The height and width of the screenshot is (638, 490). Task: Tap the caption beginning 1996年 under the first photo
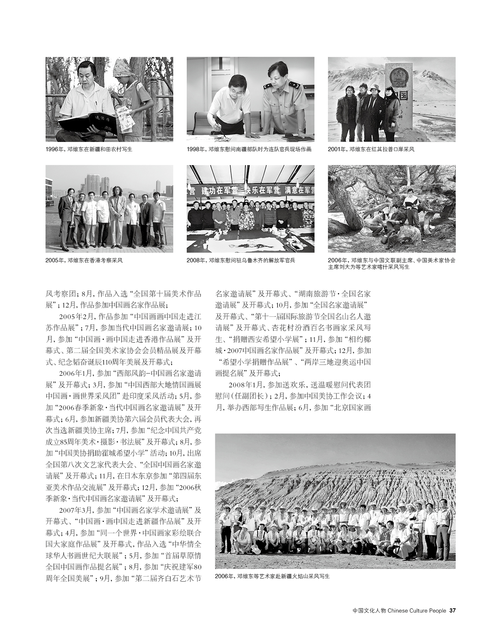pyautogui.click(x=91, y=149)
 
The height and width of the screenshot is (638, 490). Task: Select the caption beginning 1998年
pyautogui.click(x=249, y=149)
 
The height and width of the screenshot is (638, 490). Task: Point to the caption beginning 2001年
pyautogui.click(x=371, y=149)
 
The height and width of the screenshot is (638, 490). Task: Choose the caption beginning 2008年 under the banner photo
pyautogui.click(x=241, y=260)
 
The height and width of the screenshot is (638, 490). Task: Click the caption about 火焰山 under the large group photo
pyautogui.click(x=273, y=577)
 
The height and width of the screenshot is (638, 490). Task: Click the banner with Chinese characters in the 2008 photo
pyautogui.click(x=250, y=189)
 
